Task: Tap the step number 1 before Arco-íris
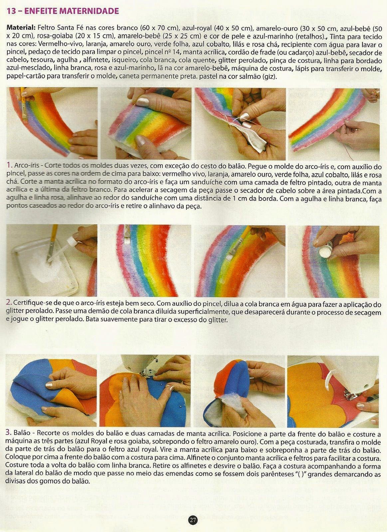click(9, 165)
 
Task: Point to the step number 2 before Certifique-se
click(9, 303)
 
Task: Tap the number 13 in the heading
click(11, 11)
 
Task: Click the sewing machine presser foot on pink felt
click(351, 395)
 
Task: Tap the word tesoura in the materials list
click(44, 61)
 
